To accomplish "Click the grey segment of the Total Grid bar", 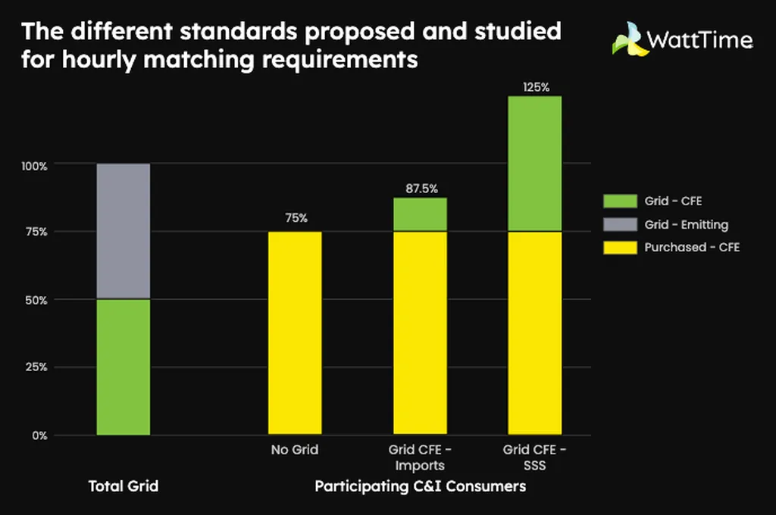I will click(124, 231).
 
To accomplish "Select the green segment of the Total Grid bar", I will click(124, 367).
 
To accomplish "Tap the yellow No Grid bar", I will click(296, 333).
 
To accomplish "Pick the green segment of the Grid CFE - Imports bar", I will click(420, 214).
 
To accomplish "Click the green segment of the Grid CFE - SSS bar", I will click(534, 163).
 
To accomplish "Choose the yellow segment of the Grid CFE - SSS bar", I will click(534, 333).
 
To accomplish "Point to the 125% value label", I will click(536, 87).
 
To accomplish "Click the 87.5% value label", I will click(420, 189).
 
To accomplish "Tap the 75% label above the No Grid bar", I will click(296, 218).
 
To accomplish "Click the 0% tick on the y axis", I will click(40, 435).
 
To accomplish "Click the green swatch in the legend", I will click(620, 201).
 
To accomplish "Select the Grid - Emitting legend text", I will click(686, 224).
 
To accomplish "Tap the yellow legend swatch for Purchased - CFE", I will click(620, 247).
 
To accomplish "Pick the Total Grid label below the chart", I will click(124, 486).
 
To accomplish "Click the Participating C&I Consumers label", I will click(420, 486).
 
